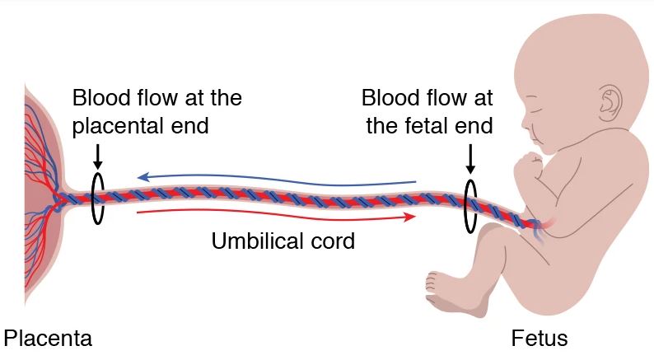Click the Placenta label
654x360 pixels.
point(47,338)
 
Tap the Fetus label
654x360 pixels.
point(540,338)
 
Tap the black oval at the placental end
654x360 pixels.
point(98,197)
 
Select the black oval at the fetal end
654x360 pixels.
point(470,204)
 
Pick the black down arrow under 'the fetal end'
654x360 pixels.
point(470,158)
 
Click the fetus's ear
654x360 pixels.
point(610,101)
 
